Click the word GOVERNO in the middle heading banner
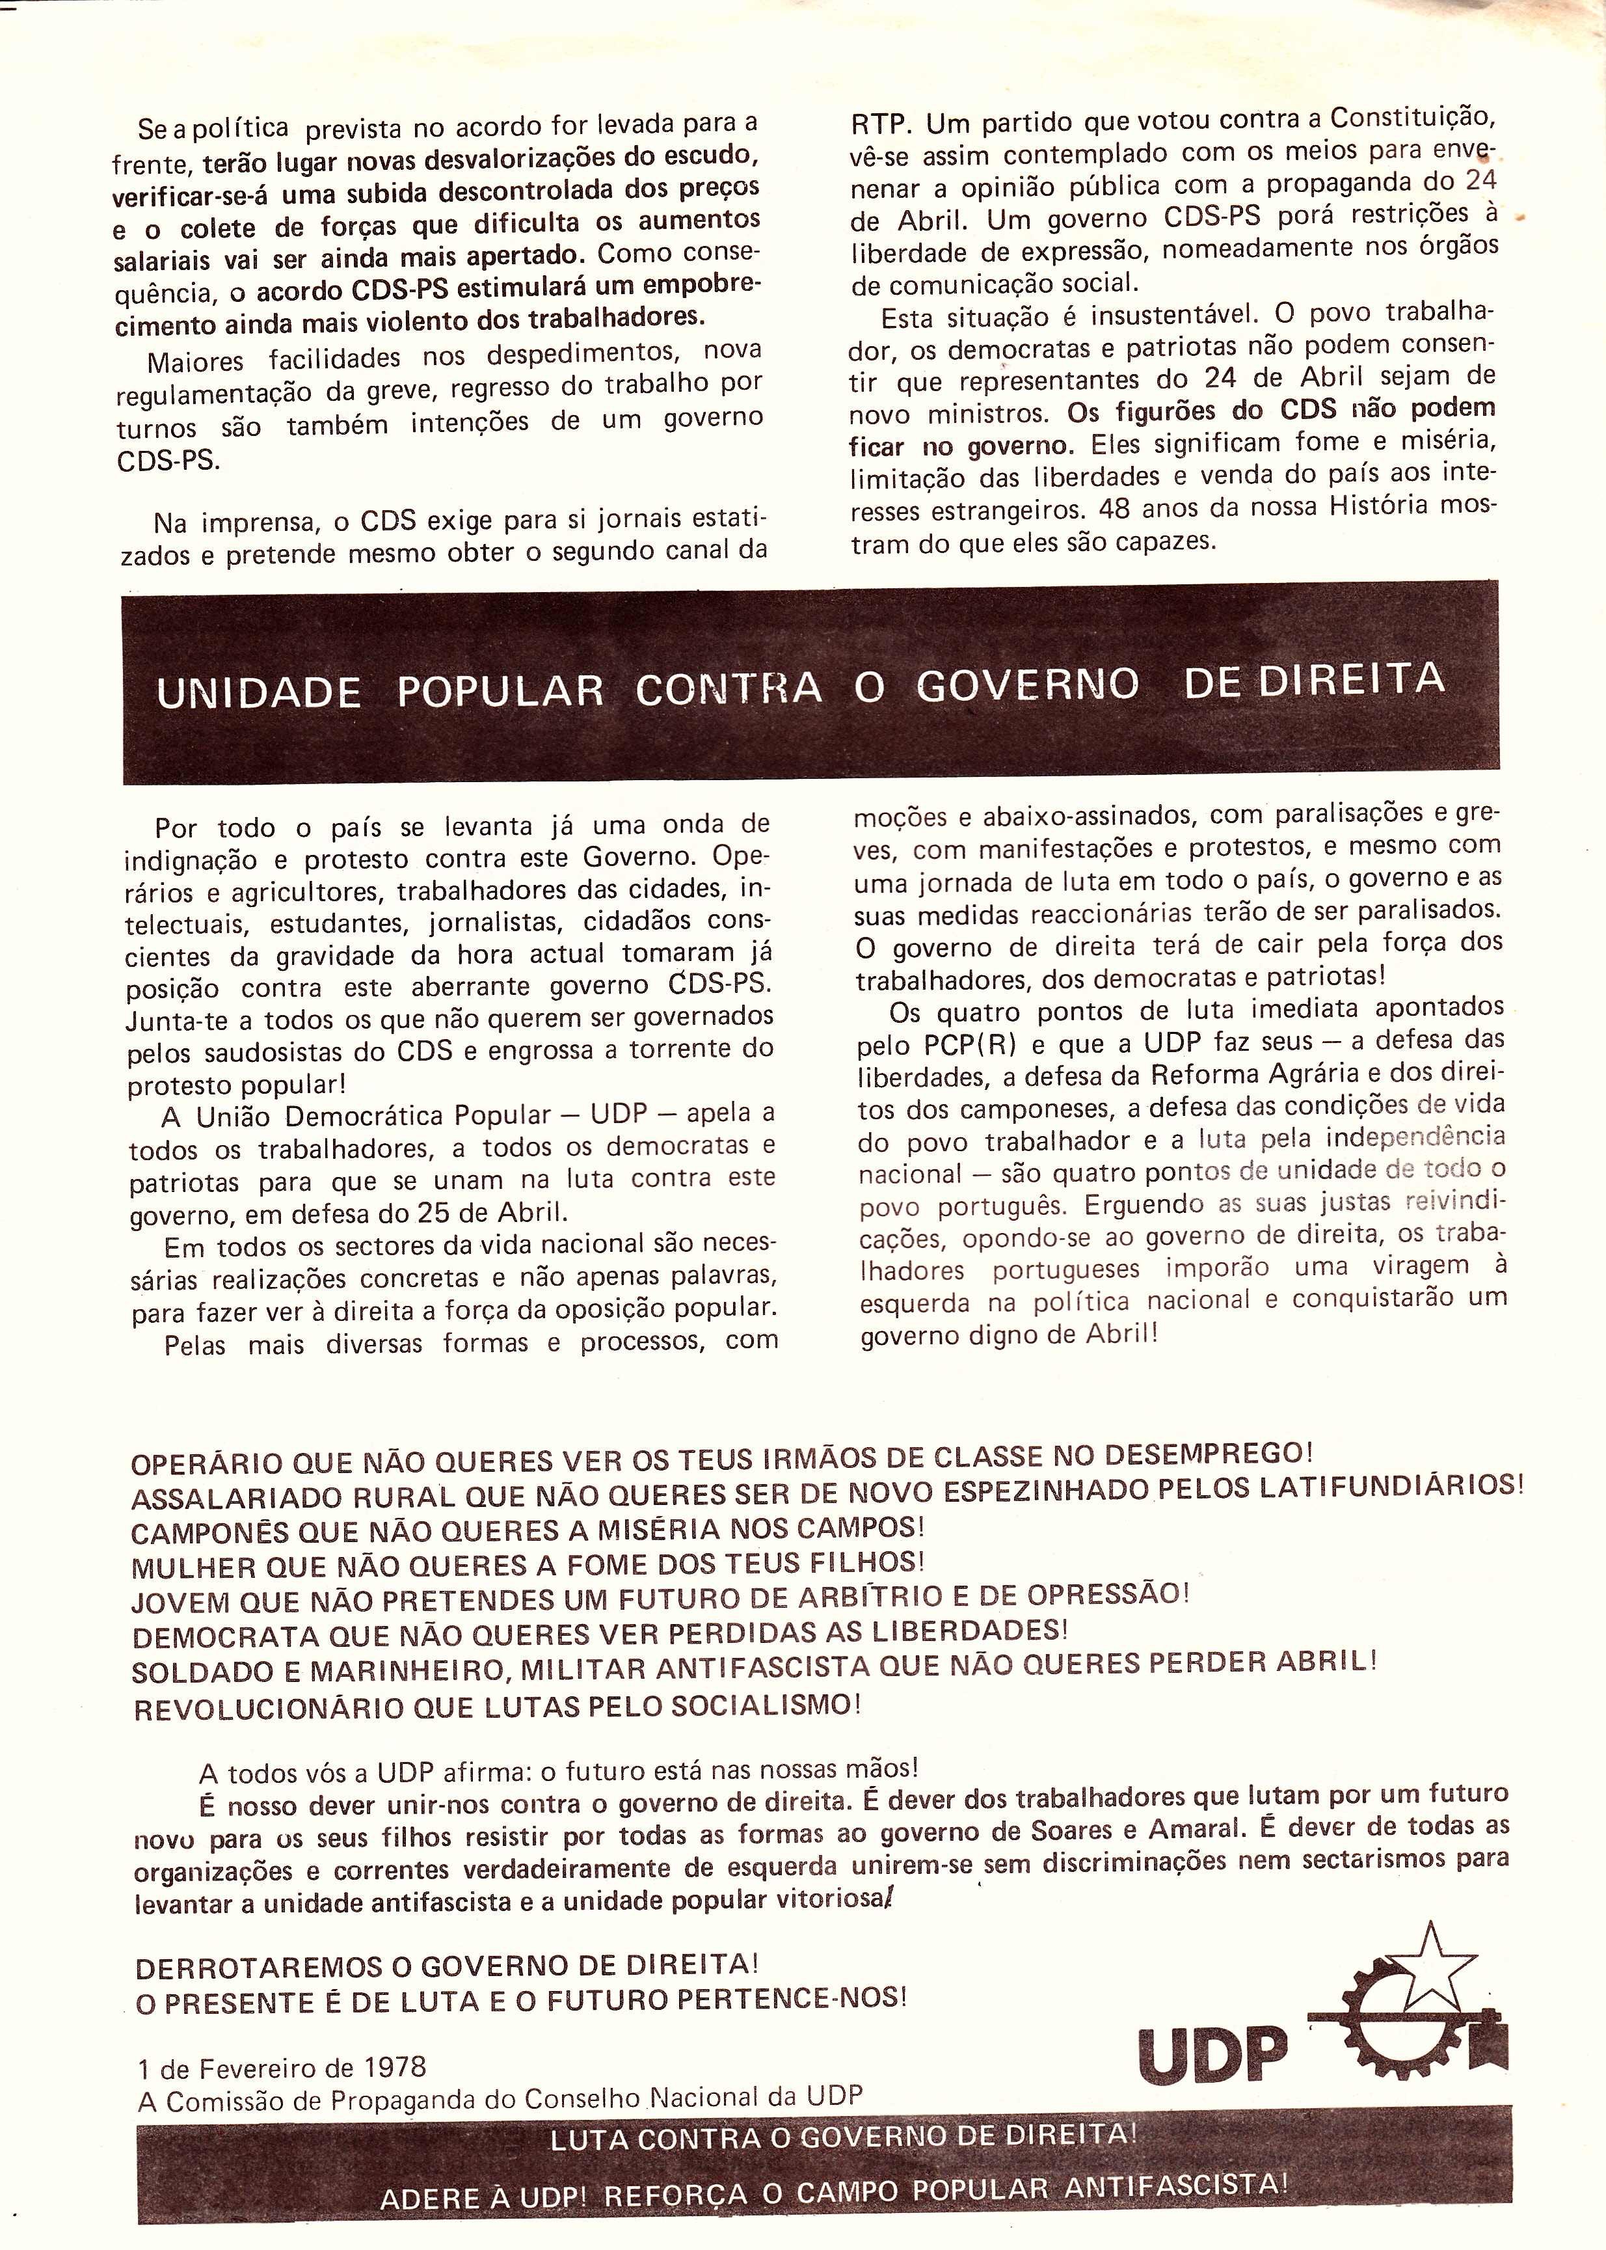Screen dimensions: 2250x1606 (1028, 685)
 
